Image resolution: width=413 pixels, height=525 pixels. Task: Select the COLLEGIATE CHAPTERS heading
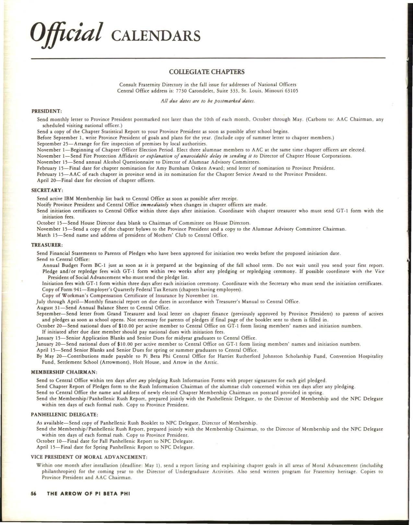pyautogui.click(x=206, y=71)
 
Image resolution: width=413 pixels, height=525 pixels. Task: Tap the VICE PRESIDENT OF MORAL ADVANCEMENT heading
pyautogui.click(x=89, y=457)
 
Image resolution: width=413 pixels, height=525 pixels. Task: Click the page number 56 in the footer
pyautogui.click(x=33, y=494)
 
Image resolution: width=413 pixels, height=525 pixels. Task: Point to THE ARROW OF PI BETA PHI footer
pyautogui.click(x=88, y=494)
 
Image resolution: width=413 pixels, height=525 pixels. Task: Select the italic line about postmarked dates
pyautogui.click(x=206, y=101)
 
